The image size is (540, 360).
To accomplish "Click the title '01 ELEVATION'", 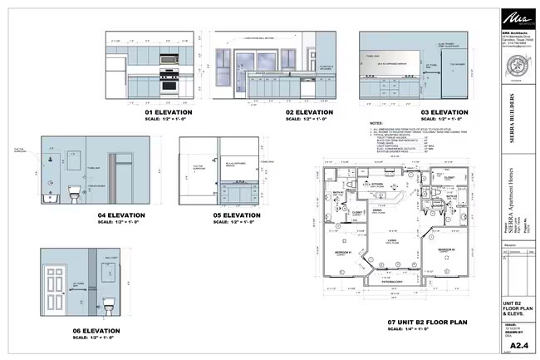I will [169, 111].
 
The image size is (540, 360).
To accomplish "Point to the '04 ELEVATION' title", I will [121, 215].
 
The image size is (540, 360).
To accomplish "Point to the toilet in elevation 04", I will [72, 195].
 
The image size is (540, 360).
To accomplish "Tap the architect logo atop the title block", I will [514, 17].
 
